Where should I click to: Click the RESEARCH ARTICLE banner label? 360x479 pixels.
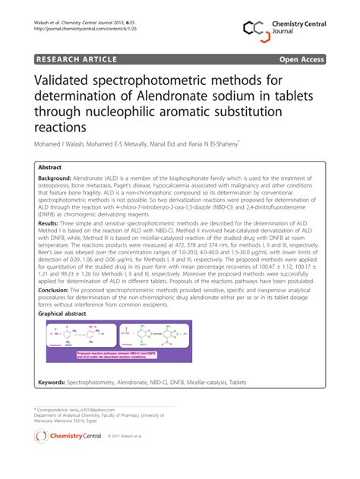74,58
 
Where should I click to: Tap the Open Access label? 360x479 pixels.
303,58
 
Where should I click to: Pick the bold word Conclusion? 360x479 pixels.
54,290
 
